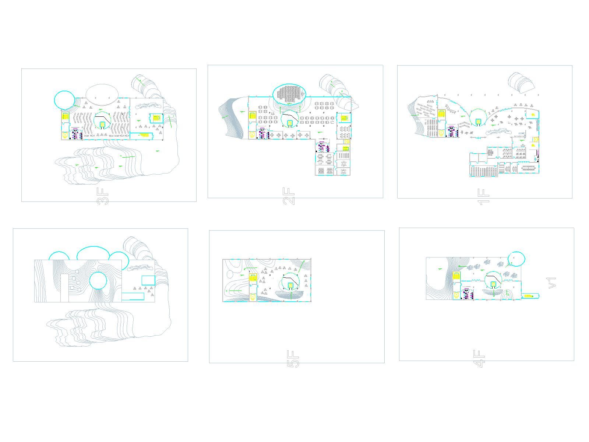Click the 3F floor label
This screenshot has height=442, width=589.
click(x=102, y=196)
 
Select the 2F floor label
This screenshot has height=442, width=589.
click(x=289, y=196)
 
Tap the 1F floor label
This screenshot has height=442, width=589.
click(x=483, y=197)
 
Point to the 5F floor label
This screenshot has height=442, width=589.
click(x=293, y=359)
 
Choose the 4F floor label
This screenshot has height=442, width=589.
click(x=479, y=358)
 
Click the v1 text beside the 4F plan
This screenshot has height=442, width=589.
click(x=552, y=283)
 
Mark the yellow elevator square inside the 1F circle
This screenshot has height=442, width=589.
click(x=478, y=122)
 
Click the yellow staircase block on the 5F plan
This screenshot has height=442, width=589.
click(x=253, y=277)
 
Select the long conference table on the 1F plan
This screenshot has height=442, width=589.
click(x=529, y=168)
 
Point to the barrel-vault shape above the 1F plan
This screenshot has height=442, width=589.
click(x=521, y=81)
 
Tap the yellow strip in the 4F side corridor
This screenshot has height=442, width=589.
click(x=528, y=296)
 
